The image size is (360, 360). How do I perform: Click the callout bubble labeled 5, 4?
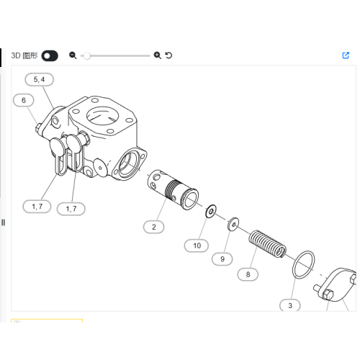[x=39, y=79]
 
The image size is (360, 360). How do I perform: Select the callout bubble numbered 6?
[x=24, y=100]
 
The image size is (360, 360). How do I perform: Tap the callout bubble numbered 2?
[x=154, y=227]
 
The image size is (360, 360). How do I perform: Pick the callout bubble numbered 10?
[x=197, y=246]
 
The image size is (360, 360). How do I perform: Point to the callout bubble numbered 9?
[x=222, y=259]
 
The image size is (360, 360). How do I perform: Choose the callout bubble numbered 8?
[x=248, y=274]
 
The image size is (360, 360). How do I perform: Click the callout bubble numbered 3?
[x=290, y=305]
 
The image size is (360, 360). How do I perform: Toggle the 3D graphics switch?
[x=50, y=55]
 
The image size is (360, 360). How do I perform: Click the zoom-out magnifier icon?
[x=73, y=55]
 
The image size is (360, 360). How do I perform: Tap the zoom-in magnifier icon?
[x=158, y=55]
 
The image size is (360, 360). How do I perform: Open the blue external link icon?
[x=346, y=55]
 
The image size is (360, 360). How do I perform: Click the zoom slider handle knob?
[x=87, y=55]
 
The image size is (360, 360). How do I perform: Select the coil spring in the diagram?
[x=267, y=244]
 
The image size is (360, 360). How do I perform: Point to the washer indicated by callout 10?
[x=211, y=211]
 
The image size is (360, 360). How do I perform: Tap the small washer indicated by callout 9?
[x=233, y=224]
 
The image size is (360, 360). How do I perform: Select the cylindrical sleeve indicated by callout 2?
[x=173, y=189]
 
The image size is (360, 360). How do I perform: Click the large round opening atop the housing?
[x=102, y=116]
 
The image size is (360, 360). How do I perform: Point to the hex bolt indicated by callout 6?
[x=39, y=127]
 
